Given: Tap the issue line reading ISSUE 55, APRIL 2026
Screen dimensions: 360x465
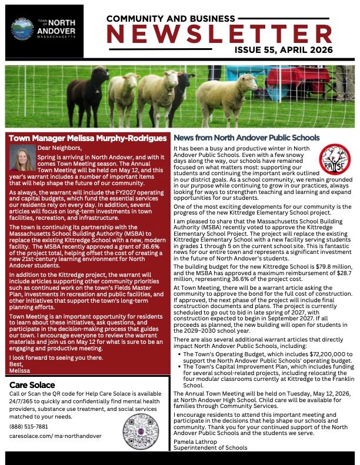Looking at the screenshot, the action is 293,51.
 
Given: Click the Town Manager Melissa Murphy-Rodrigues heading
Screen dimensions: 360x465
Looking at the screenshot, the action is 87,138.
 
